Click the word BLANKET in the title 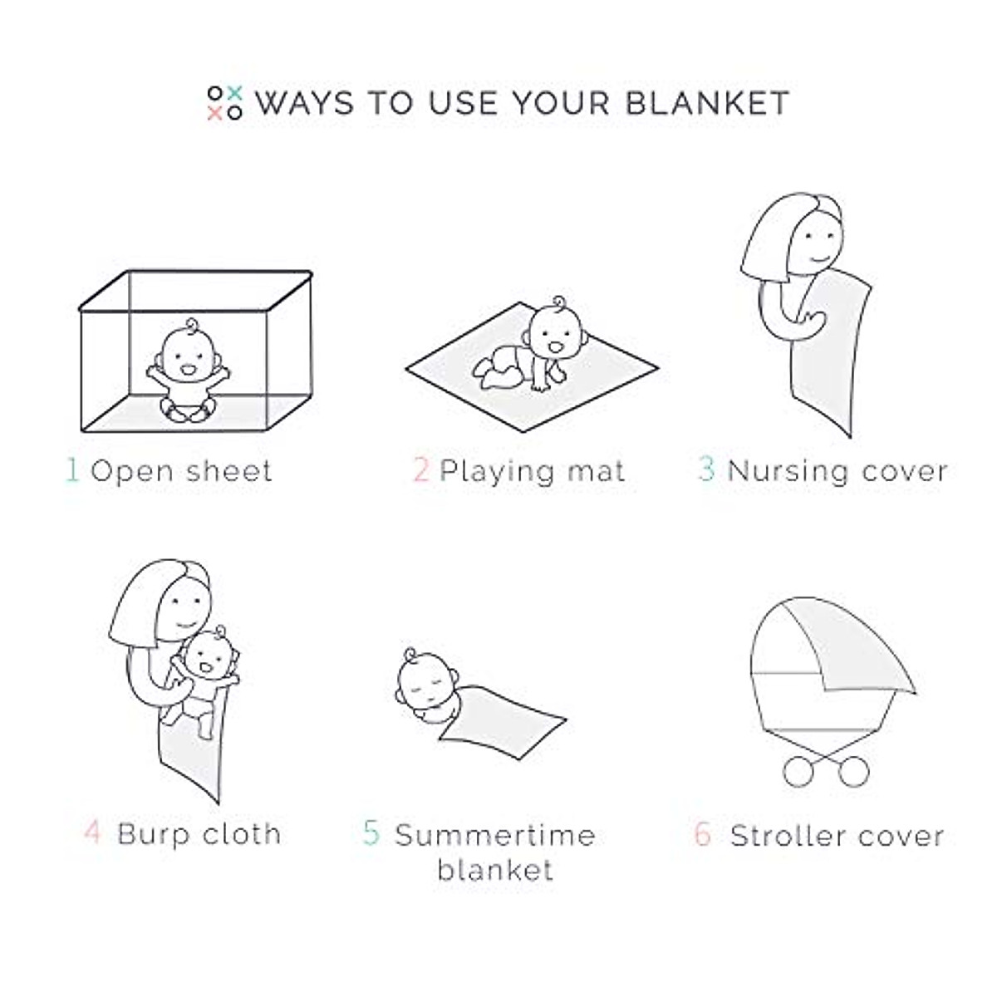pyautogui.click(x=706, y=103)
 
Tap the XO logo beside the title pyautogui.click(x=224, y=103)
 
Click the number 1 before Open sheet pyautogui.click(x=72, y=470)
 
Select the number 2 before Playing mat pyautogui.click(x=421, y=470)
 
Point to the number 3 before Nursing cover pyautogui.click(x=706, y=469)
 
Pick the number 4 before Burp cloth pyautogui.click(x=92, y=832)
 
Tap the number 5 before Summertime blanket pyautogui.click(x=371, y=833)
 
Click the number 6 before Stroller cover pyautogui.click(x=703, y=834)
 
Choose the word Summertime pyautogui.click(x=494, y=835)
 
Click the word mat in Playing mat pyautogui.click(x=595, y=471)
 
